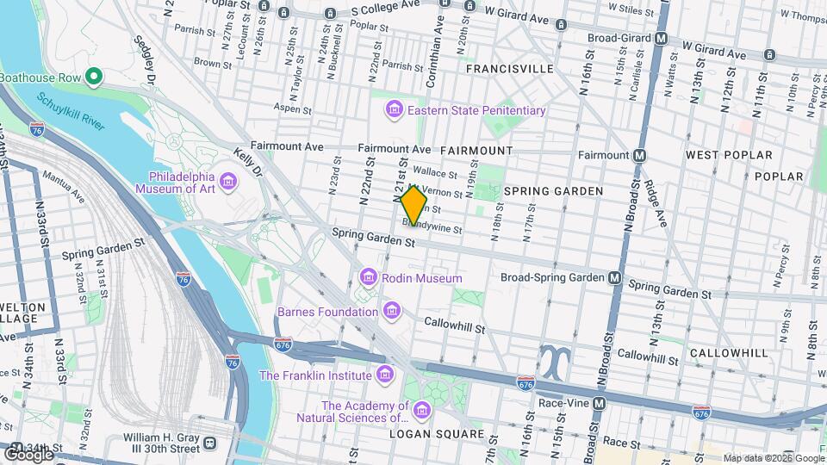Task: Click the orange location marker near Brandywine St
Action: (x=413, y=206)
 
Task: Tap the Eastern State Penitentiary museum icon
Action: (x=394, y=110)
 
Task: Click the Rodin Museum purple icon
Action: (x=368, y=277)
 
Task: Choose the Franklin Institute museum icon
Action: (x=383, y=375)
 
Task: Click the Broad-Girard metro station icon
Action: (x=662, y=39)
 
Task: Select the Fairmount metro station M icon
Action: (x=639, y=156)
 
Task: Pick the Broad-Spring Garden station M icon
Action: (x=615, y=277)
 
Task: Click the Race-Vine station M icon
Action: (x=600, y=402)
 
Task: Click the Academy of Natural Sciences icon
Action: (x=421, y=412)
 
